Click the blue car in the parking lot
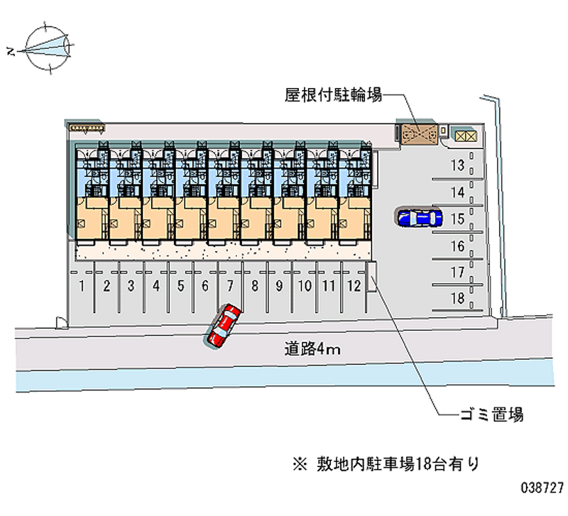pyautogui.click(x=419, y=217)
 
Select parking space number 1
pyautogui.click(x=83, y=287)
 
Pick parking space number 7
pyautogui.click(x=230, y=287)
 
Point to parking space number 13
pyautogui.click(x=458, y=166)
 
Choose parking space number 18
pyautogui.click(x=458, y=299)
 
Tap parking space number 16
pyautogui.click(x=458, y=246)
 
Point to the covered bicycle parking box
pyautogui.click(x=417, y=133)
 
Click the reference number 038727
pyautogui.click(x=542, y=489)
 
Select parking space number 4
pyautogui.click(x=156, y=287)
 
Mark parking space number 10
pyautogui.click(x=305, y=287)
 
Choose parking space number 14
pyautogui.click(x=458, y=192)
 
